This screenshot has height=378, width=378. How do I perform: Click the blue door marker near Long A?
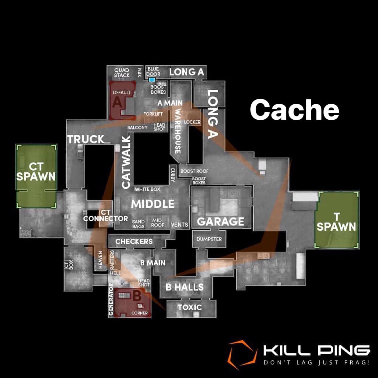click(152, 80)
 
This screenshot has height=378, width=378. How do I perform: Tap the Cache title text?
click(295, 110)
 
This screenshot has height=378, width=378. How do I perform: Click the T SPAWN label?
click(336, 222)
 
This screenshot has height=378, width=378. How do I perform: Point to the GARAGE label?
click(221, 222)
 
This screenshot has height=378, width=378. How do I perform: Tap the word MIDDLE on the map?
click(152, 204)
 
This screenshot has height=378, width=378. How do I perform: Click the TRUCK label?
click(86, 139)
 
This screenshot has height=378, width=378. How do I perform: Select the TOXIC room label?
click(190, 307)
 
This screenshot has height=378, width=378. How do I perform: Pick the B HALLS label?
click(184, 287)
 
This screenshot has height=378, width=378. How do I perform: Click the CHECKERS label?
click(134, 241)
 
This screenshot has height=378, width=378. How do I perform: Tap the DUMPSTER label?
click(209, 239)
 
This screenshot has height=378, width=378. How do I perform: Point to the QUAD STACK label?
click(122, 73)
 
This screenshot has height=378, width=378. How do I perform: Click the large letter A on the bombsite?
click(117, 102)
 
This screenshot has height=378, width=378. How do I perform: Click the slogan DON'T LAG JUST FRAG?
click(317, 362)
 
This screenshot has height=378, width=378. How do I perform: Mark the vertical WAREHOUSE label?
click(178, 131)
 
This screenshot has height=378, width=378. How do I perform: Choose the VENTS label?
click(180, 225)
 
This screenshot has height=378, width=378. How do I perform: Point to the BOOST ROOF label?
click(194, 171)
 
